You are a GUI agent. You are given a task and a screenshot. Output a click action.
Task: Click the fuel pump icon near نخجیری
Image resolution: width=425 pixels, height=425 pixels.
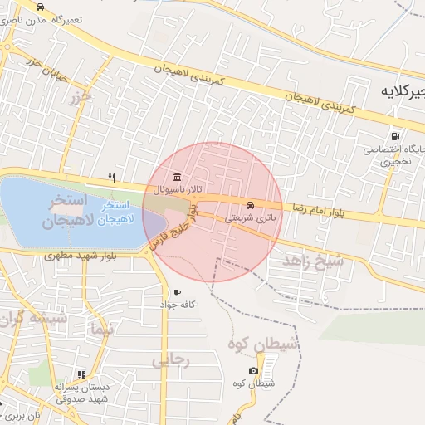(x=394, y=136)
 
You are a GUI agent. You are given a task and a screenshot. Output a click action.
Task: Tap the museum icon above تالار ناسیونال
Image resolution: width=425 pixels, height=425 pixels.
(x=177, y=177)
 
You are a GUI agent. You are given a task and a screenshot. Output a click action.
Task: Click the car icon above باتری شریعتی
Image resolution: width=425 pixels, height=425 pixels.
(x=250, y=205)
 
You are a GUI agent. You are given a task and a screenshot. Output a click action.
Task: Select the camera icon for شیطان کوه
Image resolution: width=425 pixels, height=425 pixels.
(x=253, y=370)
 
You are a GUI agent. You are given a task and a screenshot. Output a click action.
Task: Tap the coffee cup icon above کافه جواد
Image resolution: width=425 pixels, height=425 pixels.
(x=177, y=293)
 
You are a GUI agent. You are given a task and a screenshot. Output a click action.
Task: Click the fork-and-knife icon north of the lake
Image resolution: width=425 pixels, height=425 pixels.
(x=111, y=178)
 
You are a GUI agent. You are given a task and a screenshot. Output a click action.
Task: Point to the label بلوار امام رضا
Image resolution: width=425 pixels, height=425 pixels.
(x=327, y=205)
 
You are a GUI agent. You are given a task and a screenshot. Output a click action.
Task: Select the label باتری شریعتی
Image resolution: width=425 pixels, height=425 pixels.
(x=250, y=217)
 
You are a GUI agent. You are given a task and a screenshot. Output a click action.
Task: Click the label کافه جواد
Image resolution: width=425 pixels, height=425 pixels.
(x=177, y=305)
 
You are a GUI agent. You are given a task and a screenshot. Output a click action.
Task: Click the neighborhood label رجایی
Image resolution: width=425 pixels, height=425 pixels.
(x=171, y=359)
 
